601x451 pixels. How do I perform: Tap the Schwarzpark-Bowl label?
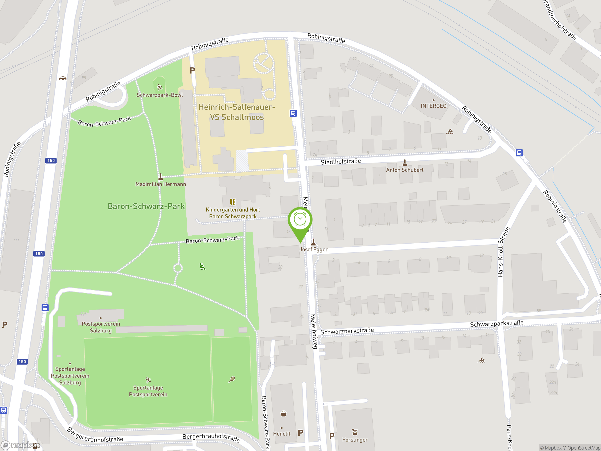coord(159,95)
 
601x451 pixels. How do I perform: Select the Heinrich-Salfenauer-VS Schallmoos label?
coord(237,112)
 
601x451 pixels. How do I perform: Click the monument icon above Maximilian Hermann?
coord(161,177)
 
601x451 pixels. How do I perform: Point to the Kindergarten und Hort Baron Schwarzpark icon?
coord(233,202)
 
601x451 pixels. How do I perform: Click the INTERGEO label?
coord(433,106)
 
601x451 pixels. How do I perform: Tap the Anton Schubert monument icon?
coord(405,163)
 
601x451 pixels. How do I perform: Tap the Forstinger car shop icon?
coord(354,432)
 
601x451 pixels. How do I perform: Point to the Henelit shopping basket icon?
coord(283,413)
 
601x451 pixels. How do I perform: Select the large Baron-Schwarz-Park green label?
coord(146,206)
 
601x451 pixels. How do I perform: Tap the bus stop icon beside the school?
coord(293,113)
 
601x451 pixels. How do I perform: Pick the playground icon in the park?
coord(202,267)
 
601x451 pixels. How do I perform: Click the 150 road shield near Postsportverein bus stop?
coord(39,254)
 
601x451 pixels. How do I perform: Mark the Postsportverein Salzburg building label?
coord(100,327)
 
